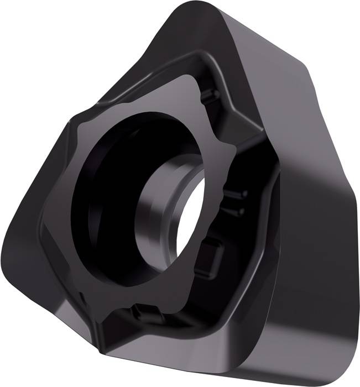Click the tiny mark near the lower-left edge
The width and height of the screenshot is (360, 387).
click(x=82, y=299)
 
